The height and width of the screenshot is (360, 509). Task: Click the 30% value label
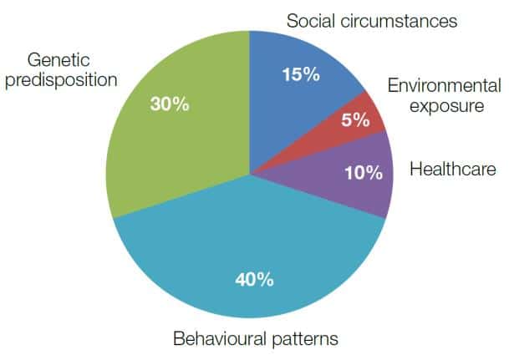point(170,104)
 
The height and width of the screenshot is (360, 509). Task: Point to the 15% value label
point(301,74)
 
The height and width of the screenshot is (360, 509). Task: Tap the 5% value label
point(355,119)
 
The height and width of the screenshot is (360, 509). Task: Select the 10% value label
point(364,173)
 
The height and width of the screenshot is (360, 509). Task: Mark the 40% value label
point(254,279)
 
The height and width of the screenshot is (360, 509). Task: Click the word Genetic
point(59,60)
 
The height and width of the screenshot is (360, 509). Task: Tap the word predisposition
point(61,80)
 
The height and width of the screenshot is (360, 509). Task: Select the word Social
point(311,21)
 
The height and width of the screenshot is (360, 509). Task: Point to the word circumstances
point(399,21)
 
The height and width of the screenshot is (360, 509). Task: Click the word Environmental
point(445,86)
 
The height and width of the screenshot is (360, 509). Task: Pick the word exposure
point(446,106)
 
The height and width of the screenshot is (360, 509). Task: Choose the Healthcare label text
point(453,169)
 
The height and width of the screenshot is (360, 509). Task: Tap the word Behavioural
point(220,338)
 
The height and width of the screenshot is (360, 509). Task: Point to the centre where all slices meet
point(250,175)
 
